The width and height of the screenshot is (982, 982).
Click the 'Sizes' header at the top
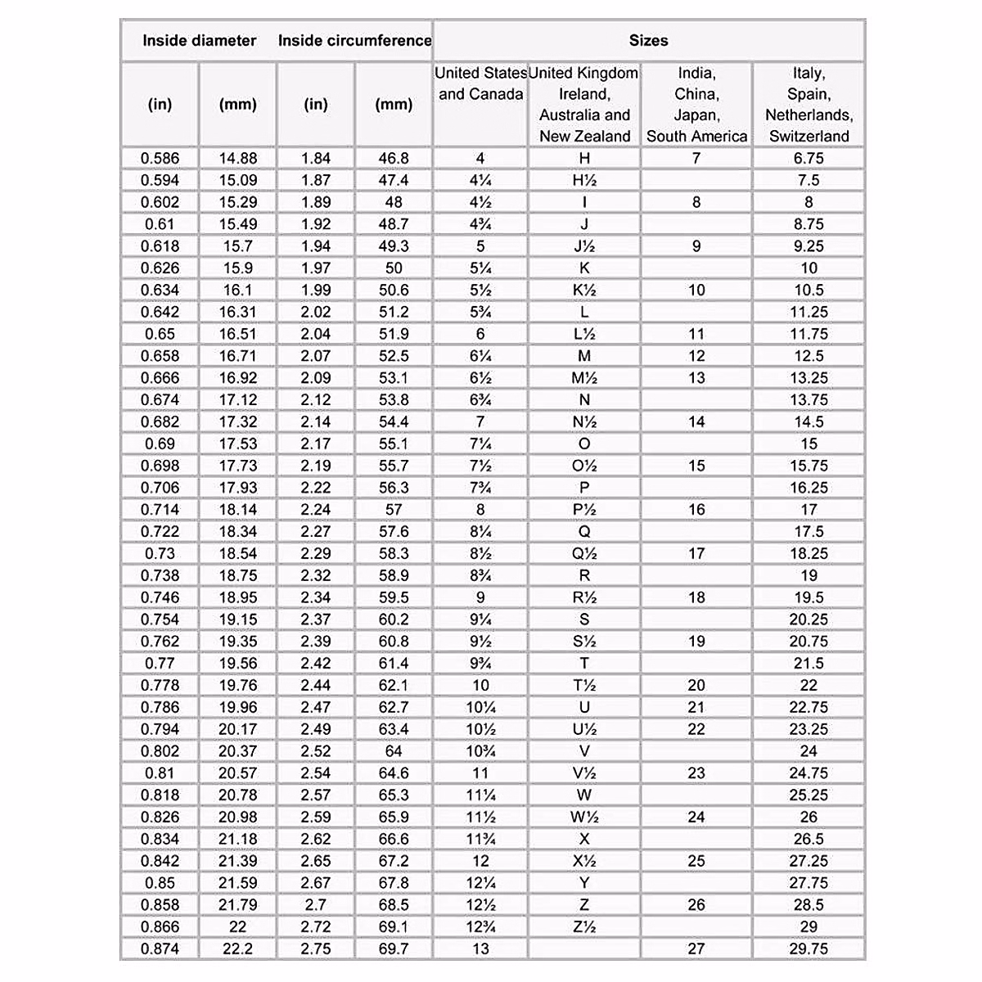coord(648,40)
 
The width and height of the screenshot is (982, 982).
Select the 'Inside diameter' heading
coord(199,40)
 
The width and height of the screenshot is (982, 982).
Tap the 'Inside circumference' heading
coord(354,40)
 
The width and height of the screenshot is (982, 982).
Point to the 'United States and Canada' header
coord(480,83)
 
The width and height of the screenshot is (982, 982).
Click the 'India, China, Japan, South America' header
coord(696,105)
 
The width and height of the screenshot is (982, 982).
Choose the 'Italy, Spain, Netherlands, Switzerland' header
coord(809,105)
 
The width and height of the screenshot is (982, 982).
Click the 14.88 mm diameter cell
coord(238,158)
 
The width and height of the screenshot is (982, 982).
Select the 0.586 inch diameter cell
coord(160,158)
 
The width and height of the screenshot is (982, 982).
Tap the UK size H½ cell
coord(584,180)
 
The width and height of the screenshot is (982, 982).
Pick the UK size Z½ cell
coord(584,926)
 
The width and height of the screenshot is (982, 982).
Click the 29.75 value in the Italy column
coord(809,948)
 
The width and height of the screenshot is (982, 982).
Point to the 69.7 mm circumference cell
coord(394,948)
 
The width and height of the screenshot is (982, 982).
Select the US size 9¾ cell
coord(480,663)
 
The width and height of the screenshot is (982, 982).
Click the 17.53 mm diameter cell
coord(238,444)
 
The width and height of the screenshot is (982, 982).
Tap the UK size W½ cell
coord(584,817)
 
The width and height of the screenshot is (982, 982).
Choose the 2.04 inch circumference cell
coord(316,334)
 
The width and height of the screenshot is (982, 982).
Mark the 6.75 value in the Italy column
coord(809,158)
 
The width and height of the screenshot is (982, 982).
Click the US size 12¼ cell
coord(480,883)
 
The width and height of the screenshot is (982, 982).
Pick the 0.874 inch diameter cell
coord(160,948)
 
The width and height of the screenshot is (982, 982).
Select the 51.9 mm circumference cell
coord(394,334)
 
